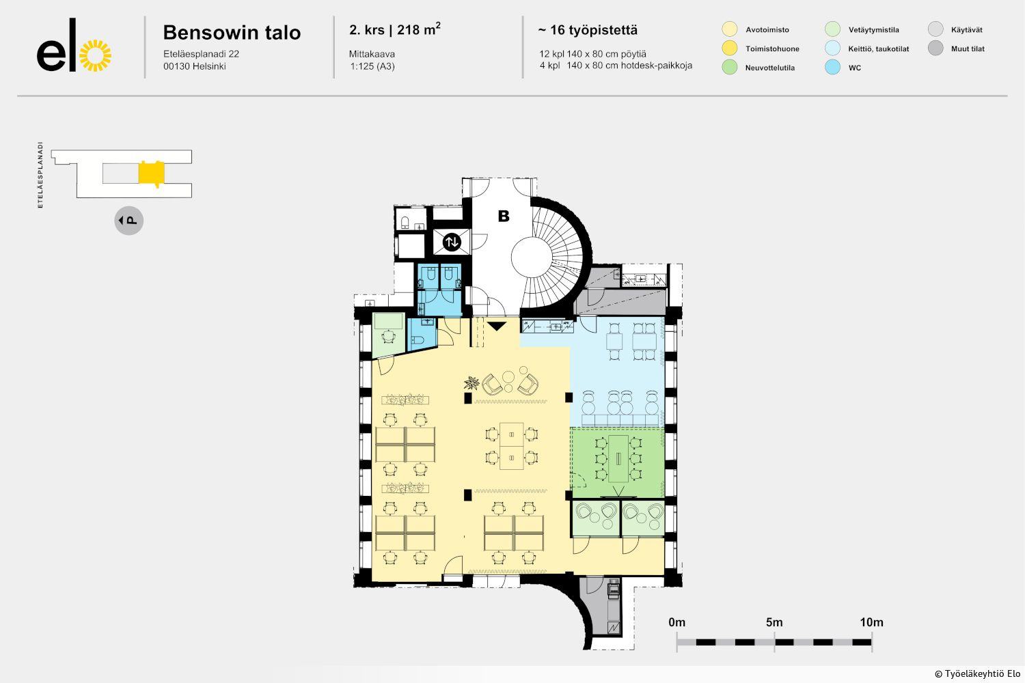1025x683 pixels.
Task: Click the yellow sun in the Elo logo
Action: click(x=95, y=56)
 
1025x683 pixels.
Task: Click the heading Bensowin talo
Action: click(x=232, y=33)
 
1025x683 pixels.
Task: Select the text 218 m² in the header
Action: click(x=419, y=29)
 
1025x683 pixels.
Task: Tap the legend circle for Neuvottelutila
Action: click(x=729, y=67)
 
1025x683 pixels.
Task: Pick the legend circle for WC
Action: click(x=832, y=67)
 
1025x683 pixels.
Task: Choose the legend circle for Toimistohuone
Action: click(x=729, y=48)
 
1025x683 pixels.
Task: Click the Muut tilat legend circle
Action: click(x=935, y=48)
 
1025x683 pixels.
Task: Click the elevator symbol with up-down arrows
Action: click(x=452, y=242)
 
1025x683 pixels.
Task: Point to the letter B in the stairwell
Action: click(x=504, y=216)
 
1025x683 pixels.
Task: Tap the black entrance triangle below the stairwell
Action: click(x=497, y=326)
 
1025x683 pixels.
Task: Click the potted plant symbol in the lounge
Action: click(x=471, y=383)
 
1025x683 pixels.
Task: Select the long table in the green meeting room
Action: click(x=618, y=459)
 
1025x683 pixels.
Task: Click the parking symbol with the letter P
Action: click(x=129, y=221)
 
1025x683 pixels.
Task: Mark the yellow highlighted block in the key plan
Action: click(x=152, y=173)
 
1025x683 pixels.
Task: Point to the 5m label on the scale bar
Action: click(x=774, y=622)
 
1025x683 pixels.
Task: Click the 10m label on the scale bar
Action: click(x=872, y=622)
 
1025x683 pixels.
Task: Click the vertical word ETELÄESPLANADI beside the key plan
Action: click(x=40, y=176)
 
